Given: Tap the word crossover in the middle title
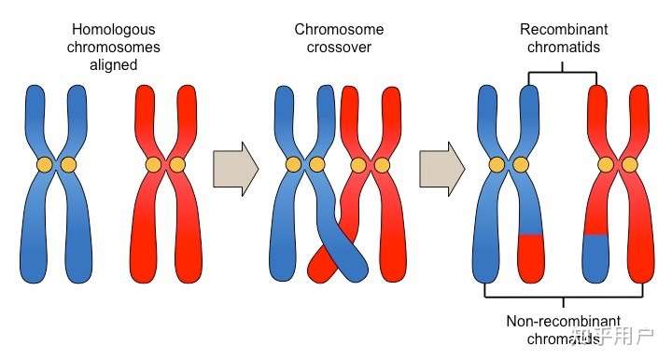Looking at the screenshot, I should pos(338,47).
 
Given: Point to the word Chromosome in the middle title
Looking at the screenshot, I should pos(338,30).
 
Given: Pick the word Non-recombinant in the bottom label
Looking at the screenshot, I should pos(564,322).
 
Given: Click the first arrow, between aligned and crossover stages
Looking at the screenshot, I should pos(234,169).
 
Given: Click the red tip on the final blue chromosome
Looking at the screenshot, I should pos(530,257).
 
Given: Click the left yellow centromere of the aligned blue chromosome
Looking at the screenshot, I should pos(44,165).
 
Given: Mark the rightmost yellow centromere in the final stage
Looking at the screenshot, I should pos(630,165).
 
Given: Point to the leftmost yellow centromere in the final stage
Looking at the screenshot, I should pos(497,165).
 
